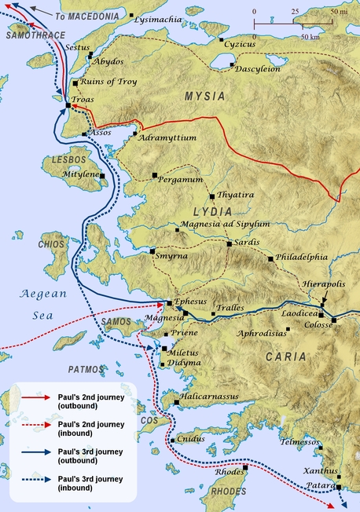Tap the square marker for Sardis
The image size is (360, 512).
pos(229,243)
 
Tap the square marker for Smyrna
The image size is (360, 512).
pos(152,251)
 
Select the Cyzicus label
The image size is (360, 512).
pos(240,45)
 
